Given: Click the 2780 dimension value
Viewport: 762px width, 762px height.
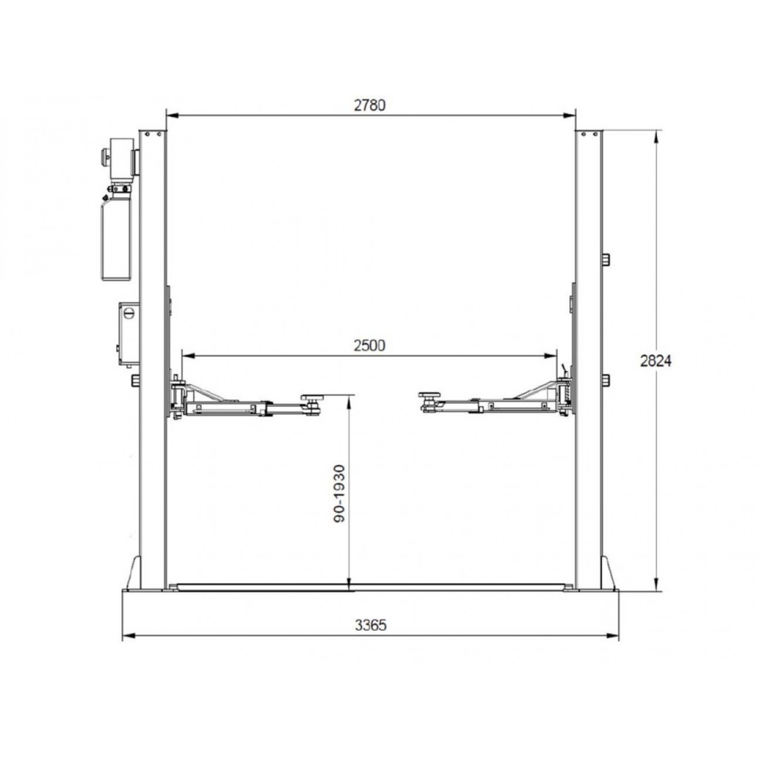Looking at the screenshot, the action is coord(370,106).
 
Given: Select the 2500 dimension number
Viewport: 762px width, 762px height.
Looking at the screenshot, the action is coord(370,346).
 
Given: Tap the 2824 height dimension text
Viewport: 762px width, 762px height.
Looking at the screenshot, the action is coord(656,361).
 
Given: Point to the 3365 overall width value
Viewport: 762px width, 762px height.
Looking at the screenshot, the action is coord(370,625).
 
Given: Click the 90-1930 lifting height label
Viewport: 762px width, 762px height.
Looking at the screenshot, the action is coord(340,494).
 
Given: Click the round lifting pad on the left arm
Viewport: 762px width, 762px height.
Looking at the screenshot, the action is coord(312,397).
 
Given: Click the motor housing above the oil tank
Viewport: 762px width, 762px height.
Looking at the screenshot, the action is coord(121,158).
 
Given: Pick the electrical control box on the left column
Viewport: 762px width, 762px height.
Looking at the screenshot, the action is coord(129,334).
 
